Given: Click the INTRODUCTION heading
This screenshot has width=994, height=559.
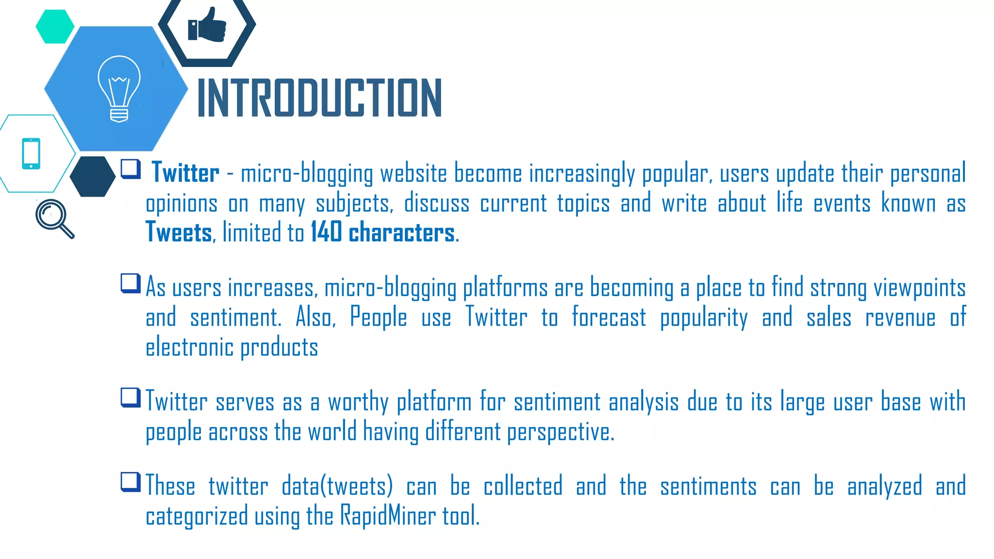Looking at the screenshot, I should click(319, 98).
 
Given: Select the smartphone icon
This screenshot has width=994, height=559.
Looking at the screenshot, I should click(31, 154).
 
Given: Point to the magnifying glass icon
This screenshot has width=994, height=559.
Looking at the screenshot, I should click(54, 218).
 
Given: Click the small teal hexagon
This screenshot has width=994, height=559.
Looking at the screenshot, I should click(55, 27).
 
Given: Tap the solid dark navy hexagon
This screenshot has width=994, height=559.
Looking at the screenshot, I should click(92, 176).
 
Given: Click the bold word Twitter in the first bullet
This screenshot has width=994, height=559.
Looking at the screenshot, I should click(185, 173).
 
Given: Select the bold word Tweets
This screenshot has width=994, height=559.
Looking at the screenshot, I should click(179, 232).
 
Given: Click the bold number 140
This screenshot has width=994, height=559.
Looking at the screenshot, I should click(326, 232).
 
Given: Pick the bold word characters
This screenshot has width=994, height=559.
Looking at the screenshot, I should click(402, 232).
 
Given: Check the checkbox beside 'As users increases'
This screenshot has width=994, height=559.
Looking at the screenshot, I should click(131, 283).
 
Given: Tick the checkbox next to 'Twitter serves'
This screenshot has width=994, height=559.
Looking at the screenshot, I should click(131, 397).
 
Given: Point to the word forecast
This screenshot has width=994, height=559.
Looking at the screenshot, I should click(609, 318).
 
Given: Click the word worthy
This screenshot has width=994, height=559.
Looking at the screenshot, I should click(358, 402).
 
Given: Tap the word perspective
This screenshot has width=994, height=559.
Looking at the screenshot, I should click(560, 432).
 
